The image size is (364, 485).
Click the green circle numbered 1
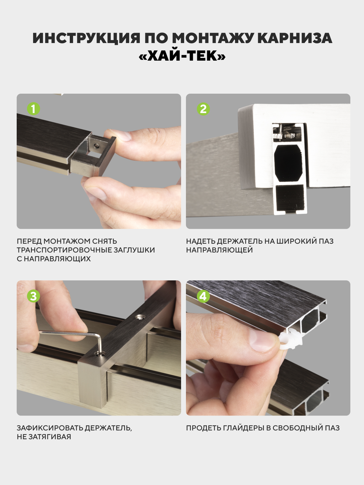point(33,109)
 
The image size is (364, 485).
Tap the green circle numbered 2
point(203,109)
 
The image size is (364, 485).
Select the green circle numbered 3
point(33,296)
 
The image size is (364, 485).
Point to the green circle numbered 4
point(203,296)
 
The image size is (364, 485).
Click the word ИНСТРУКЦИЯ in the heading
point(86,38)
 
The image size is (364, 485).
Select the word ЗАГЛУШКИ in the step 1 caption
point(134,250)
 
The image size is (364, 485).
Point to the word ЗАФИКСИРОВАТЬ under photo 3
point(50,428)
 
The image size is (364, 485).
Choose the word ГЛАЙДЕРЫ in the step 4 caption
point(244,428)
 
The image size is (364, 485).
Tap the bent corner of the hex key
point(99,337)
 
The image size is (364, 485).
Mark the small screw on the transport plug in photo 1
point(96,145)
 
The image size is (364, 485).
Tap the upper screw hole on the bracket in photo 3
point(140,318)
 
